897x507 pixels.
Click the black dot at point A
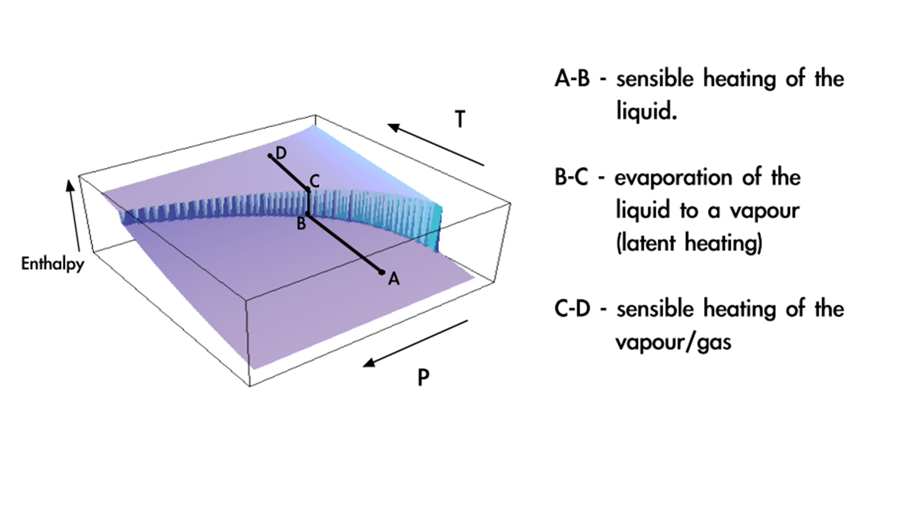pyautogui.click(x=382, y=272)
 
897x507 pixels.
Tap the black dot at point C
pyautogui.click(x=308, y=190)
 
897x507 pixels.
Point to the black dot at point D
pyautogui.click(x=270, y=155)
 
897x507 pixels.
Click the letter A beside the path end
pyautogui.click(x=394, y=279)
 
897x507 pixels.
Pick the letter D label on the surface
pyautogui.click(x=281, y=152)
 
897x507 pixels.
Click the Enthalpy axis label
pyautogui.click(x=52, y=264)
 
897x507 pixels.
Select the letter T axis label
pyautogui.click(x=460, y=119)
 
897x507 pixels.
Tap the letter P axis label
pyautogui.click(x=423, y=378)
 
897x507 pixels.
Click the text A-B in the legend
pyautogui.click(x=572, y=80)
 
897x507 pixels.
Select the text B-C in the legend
pyautogui.click(x=571, y=178)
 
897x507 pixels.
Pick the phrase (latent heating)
pyautogui.click(x=689, y=243)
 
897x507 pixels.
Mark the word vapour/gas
pyautogui.click(x=673, y=343)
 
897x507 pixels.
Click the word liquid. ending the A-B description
pyautogui.click(x=646, y=113)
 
